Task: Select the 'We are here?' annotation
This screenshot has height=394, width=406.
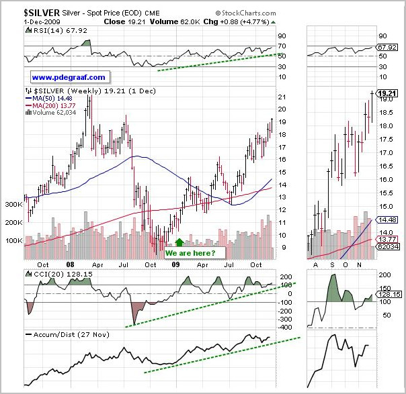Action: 191,252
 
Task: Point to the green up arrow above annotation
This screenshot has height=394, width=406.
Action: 179,242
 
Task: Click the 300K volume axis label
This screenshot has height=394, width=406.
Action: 13,203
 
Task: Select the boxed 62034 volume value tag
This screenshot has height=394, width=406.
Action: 386,248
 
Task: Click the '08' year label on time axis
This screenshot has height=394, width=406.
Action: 71,264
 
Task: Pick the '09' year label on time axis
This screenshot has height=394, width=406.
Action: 175,264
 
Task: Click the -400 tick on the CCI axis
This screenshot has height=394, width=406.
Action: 286,328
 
